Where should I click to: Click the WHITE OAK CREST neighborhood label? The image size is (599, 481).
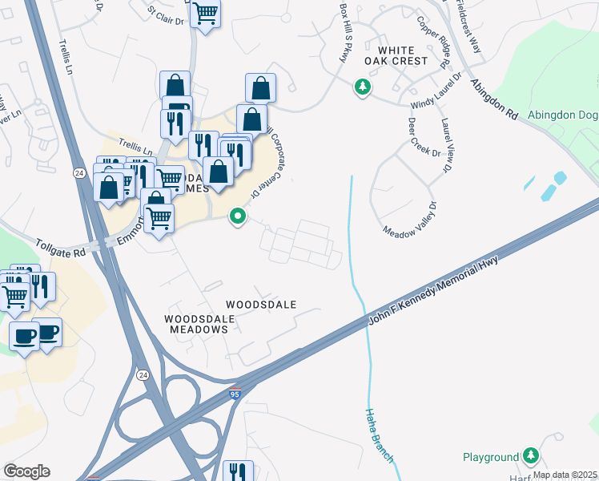(x=395, y=55)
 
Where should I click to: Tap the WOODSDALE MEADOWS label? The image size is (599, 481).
(x=199, y=325)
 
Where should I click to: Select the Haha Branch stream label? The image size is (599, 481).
(x=379, y=434)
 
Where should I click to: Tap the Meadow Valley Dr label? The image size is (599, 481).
(x=409, y=219)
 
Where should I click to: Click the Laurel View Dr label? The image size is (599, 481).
(x=446, y=145)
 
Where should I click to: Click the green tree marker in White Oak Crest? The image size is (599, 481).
(x=363, y=86)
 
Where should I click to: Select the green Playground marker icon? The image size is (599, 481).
(x=530, y=456)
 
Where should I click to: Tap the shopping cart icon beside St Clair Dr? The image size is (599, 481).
(x=207, y=13)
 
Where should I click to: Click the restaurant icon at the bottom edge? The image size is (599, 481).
(x=238, y=472)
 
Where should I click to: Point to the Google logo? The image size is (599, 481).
(x=26, y=471)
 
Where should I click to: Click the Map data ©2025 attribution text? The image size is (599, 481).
(x=564, y=475)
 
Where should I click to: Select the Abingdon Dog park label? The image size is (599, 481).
(x=563, y=115)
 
